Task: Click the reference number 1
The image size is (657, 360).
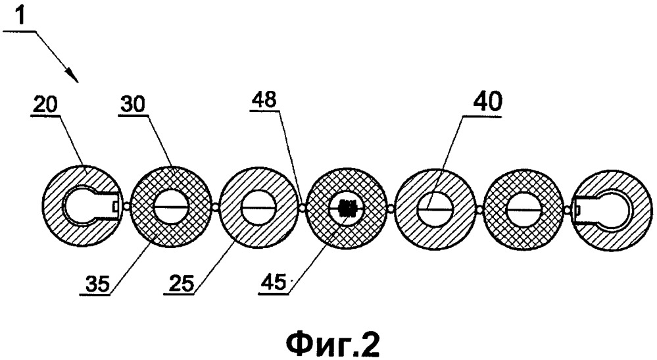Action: tap(19, 16)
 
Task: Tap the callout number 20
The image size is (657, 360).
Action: tap(45, 104)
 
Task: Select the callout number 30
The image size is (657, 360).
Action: tap(132, 103)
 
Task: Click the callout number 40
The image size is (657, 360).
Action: tap(489, 101)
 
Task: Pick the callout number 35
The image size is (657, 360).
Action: tap(97, 283)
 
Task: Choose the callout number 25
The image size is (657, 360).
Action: tap(181, 283)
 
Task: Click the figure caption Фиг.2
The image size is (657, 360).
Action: tap(333, 344)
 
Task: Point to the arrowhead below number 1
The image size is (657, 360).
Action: tap(73, 76)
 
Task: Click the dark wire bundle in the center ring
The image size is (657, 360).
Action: tap(347, 207)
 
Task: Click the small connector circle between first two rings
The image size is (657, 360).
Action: tap(126, 205)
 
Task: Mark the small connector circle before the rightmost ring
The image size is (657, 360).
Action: tap(567, 209)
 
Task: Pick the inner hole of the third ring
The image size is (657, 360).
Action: tap(258, 207)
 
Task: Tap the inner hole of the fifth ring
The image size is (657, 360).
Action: tap(435, 209)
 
